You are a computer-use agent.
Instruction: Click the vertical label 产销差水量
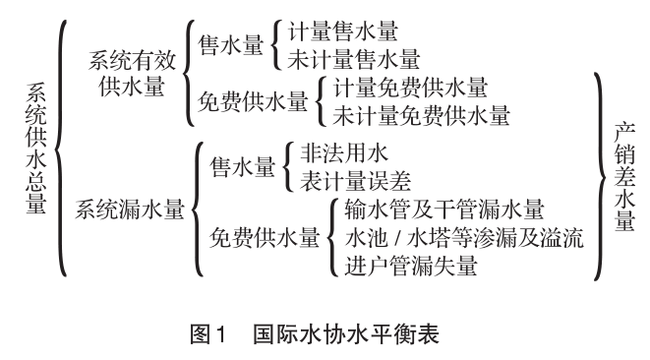pyautogui.click(x=623, y=178)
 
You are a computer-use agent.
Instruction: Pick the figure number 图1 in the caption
pyautogui.click(x=207, y=331)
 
